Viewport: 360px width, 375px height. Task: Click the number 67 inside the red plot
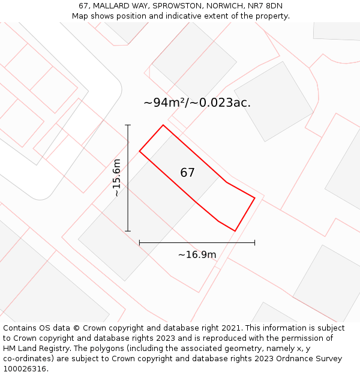(x=187, y=173)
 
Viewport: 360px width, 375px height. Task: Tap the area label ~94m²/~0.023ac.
(x=197, y=103)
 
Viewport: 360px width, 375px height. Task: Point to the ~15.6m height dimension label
(x=117, y=178)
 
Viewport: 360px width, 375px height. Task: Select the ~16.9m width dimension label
(x=197, y=254)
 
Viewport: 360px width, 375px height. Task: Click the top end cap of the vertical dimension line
(x=128, y=125)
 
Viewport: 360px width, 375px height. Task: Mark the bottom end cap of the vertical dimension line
(x=128, y=231)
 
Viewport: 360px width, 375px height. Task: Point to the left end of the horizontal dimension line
(x=139, y=242)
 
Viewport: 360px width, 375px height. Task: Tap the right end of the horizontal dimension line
(x=255, y=242)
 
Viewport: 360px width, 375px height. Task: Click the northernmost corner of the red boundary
(x=163, y=125)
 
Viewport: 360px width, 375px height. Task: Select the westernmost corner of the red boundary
(x=140, y=151)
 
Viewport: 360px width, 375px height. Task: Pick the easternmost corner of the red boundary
(x=255, y=197)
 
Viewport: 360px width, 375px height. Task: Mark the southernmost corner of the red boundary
(x=235, y=231)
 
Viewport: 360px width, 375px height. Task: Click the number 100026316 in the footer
(x=23, y=368)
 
